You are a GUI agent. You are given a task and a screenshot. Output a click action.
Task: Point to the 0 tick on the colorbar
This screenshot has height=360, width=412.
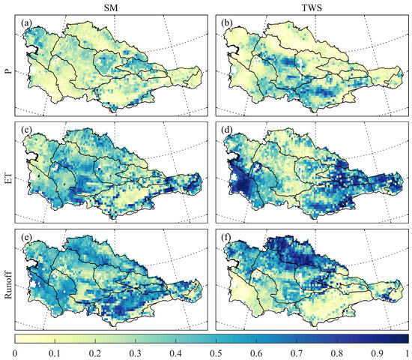pos(15,352)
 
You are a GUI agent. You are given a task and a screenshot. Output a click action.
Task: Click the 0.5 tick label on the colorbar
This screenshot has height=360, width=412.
pos(211,352)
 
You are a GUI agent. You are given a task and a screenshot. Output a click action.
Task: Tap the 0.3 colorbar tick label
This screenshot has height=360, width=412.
pos(133,352)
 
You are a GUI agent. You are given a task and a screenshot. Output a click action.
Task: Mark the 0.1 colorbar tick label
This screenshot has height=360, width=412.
pos(54,352)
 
